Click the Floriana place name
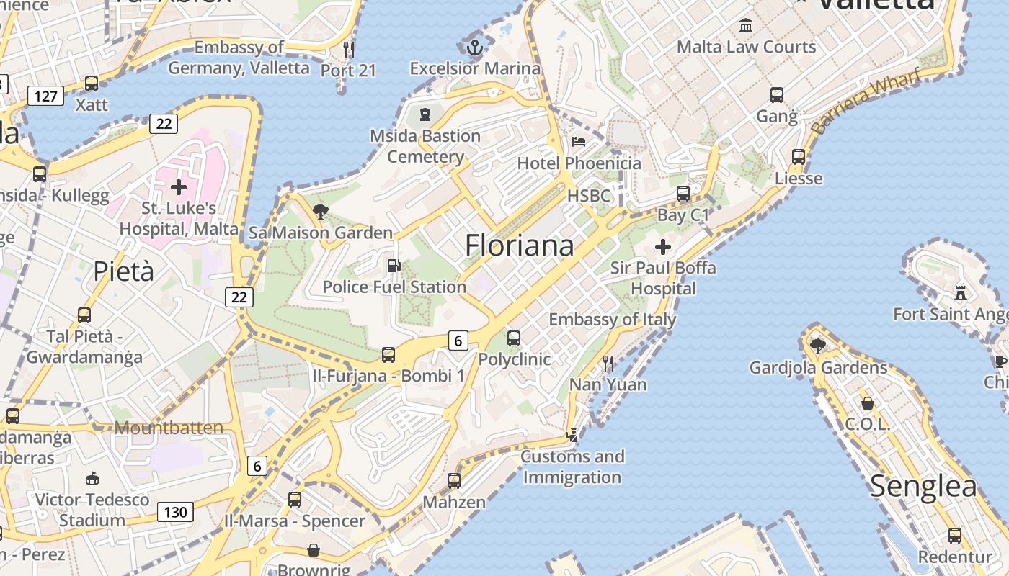[x=519, y=246]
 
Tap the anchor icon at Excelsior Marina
[x=474, y=48]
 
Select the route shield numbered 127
[x=45, y=95]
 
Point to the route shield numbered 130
[x=175, y=513]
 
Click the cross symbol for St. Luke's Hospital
[x=178, y=187]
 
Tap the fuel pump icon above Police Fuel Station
[x=394, y=266]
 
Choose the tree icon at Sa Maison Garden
[x=321, y=212]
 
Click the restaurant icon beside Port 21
[x=349, y=49]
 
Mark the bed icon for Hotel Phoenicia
[x=578, y=141]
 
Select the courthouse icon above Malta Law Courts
[x=746, y=26]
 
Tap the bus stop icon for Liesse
[x=799, y=156]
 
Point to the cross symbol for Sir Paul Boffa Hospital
[x=663, y=247]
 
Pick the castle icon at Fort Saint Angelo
[x=960, y=292]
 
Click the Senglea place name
[x=923, y=487]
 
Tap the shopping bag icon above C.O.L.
[x=868, y=403]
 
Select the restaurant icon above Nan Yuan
[x=608, y=363]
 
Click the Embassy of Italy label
[x=613, y=319]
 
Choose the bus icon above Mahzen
[x=453, y=480]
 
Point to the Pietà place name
[x=124, y=271]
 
